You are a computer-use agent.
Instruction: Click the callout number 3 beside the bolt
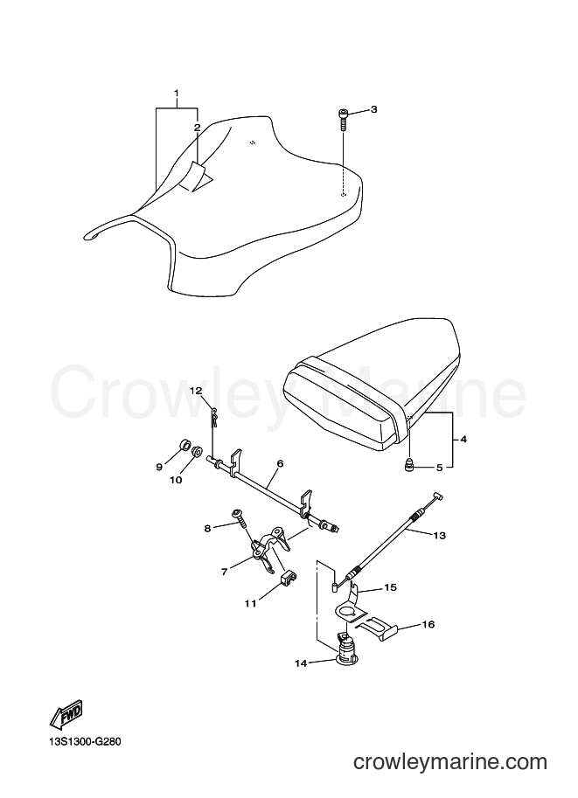point(373,109)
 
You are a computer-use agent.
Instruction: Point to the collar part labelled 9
point(184,445)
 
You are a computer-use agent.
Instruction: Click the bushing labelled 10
point(197,450)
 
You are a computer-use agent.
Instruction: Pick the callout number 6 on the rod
point(280,463)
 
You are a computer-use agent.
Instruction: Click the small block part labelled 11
point(289,578)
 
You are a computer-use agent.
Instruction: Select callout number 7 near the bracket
point(225,572)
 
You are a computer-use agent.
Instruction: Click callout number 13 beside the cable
point(440,536)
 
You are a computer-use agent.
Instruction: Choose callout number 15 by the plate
point(391,587)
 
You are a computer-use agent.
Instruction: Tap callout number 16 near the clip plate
point(428,624)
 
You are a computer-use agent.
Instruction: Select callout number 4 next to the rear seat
point(463,439)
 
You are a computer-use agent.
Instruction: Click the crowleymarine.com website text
point(450,762)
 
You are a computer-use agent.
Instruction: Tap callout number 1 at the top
point(177,94)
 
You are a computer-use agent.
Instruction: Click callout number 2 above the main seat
point(197,128)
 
